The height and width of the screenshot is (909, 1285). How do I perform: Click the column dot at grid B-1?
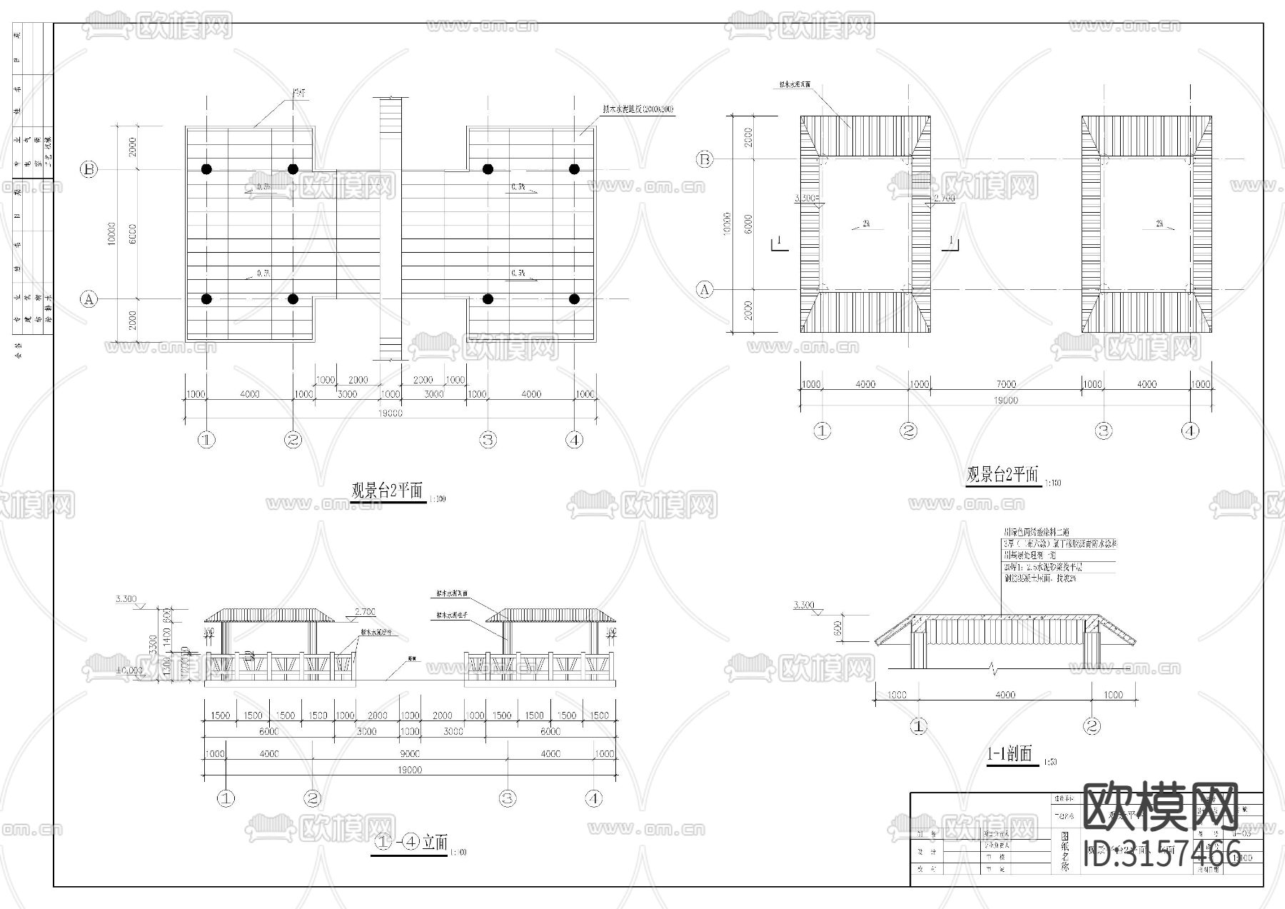point(206,169)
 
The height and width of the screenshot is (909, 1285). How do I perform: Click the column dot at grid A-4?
point(574,299)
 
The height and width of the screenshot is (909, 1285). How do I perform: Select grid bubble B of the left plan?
point(89,170)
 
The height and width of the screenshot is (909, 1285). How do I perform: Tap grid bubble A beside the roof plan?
point(705,290)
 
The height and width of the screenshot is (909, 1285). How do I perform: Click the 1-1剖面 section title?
point(1009,753)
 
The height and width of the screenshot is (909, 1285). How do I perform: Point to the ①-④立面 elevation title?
point(410,843)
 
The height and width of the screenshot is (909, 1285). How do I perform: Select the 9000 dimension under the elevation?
point(410,753)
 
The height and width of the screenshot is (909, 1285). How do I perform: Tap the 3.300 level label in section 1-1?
point(803,606)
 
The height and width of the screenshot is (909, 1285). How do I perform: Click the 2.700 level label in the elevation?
point(365,612)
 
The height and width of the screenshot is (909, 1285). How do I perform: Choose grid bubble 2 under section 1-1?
point(1092,727)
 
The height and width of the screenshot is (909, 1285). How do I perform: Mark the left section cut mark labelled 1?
point(779,243)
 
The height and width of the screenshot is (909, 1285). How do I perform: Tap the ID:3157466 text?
point(1161,854)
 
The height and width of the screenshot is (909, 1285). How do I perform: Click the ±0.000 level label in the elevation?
point(129,671)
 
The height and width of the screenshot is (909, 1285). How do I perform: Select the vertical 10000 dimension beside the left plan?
point(111,233)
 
